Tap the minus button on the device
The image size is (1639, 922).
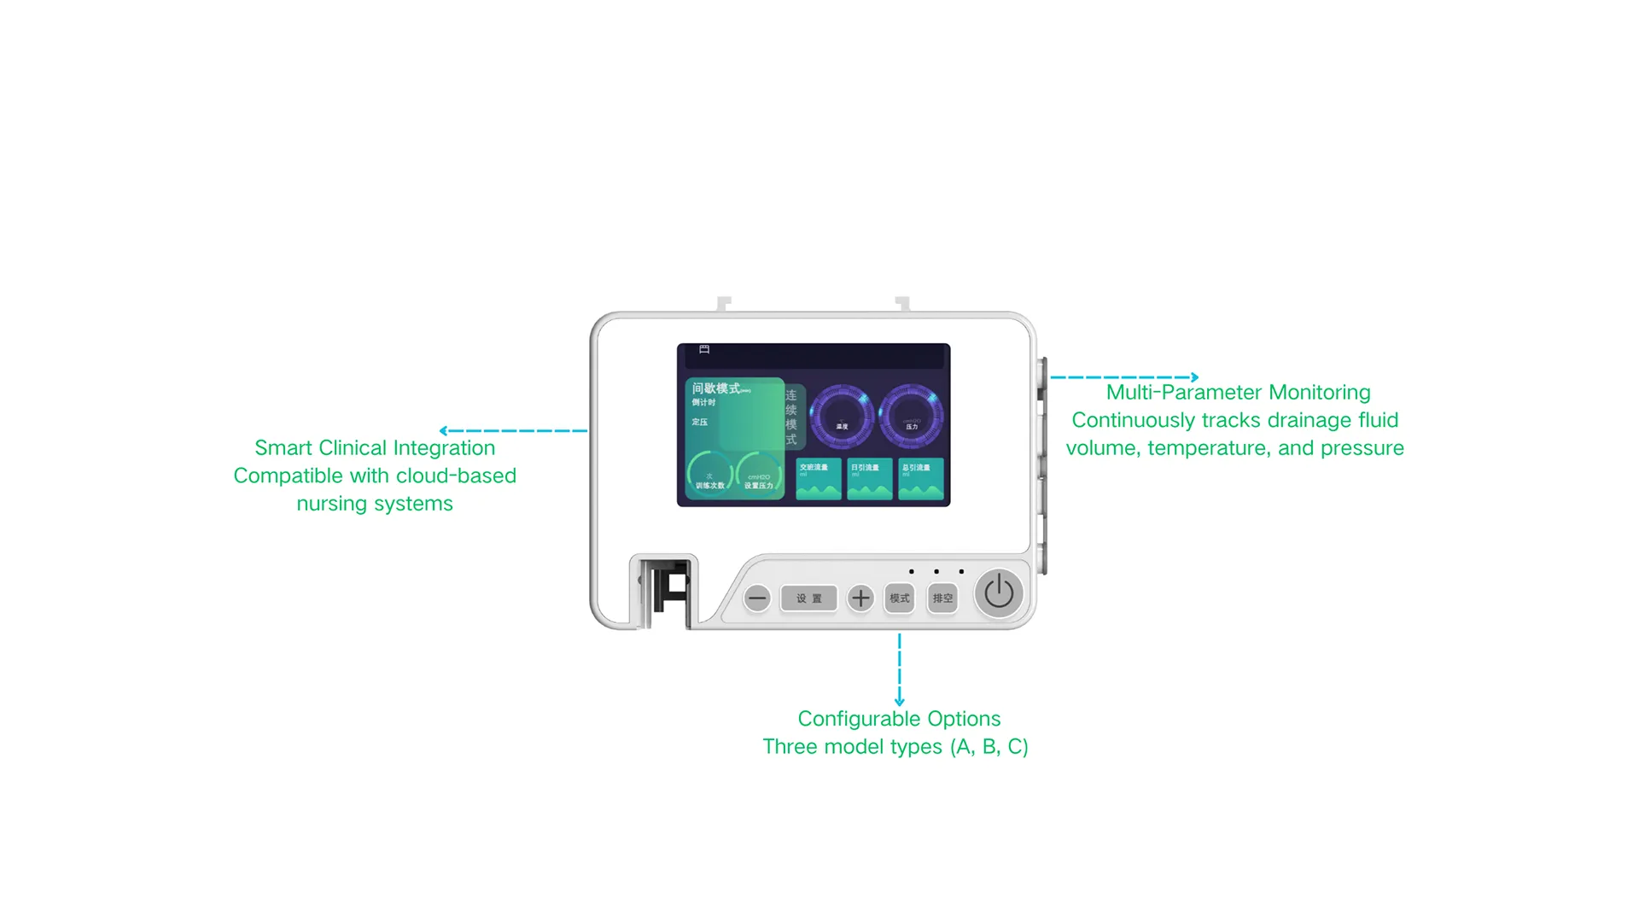click(x=757, y=598)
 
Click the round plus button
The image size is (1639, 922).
click(x=860, y=598)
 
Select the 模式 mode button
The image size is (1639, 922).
click(x=900, y=598)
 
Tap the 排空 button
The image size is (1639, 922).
click(x=942, y=598)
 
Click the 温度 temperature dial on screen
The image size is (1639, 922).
click(x=842, y=417)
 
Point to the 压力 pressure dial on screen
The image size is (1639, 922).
click(x=911, y=417)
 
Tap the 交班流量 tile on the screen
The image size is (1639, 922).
click(x=818, y=480)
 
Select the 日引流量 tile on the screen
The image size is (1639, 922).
click(x=869, y=480)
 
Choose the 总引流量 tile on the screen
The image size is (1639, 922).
click(x=920, y=480)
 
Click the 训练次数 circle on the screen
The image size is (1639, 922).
click(x=709, y=476)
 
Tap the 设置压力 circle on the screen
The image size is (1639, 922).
click(x=759, y=476)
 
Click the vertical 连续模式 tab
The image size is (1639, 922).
click(x=792, y=417)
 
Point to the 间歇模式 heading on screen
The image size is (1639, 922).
click(x=716, y=388)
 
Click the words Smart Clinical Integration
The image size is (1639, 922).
click(x=375, y=448)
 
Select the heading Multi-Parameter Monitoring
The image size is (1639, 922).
click(x=1238, y=393)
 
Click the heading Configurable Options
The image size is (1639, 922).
click(x=899, y=719)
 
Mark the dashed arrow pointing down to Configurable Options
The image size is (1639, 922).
click(x=899, y=670)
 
